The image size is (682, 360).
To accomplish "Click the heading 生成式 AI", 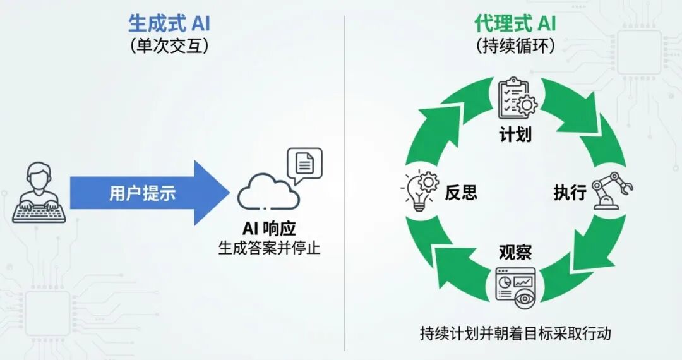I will pos(169,24).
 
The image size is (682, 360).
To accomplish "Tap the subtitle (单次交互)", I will pos(169,47).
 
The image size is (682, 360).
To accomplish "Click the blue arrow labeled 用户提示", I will pos(145,193).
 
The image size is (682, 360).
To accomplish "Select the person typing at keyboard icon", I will pos(39,192).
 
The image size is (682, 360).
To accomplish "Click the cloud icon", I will pos(268,191).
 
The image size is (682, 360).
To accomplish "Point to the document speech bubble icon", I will pos(304,164).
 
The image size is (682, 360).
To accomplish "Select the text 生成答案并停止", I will pos(269,248).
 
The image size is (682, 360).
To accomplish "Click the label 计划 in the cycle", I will pos(515,135).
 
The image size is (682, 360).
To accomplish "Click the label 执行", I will pos(570,193).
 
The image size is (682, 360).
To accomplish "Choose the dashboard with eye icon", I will pos(515,288).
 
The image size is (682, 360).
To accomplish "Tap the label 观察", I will pos(515,252).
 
